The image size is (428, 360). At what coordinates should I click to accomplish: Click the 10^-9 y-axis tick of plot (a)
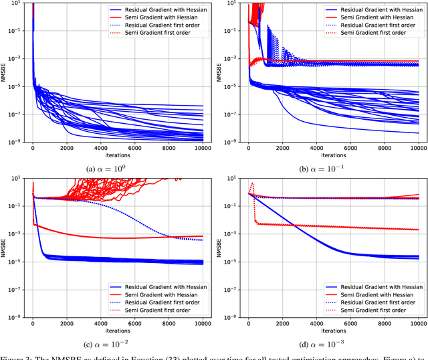(16, 142)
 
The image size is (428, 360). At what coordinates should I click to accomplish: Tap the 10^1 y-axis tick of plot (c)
(17, 178)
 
